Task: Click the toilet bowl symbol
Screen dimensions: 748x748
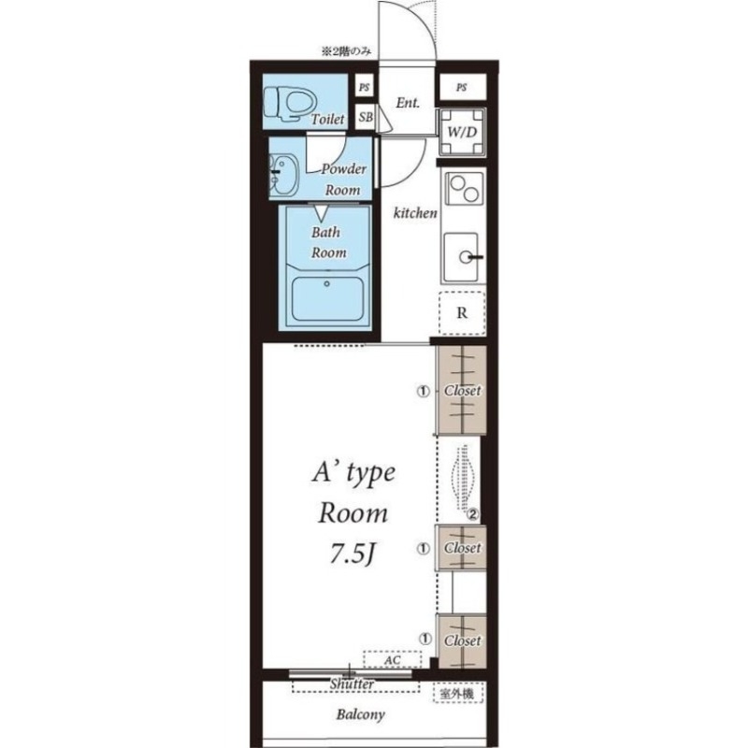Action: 290,103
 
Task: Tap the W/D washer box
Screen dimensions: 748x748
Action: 462,132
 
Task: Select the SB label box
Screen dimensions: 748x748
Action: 366,117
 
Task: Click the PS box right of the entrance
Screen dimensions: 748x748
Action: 462,87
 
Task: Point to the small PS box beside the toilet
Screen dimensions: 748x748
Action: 365,87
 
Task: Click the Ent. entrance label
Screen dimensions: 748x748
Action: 408,103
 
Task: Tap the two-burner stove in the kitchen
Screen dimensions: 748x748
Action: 464,188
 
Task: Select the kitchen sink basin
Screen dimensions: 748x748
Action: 461,258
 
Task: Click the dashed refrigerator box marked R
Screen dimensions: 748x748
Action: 462,313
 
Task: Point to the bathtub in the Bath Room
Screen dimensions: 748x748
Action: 328,298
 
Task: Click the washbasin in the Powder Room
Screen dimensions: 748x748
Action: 283,175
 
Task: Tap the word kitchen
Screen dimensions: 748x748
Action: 415,213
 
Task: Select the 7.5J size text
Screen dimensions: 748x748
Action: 352,554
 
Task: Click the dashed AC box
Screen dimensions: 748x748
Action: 392,660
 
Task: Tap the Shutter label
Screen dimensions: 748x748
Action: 352,683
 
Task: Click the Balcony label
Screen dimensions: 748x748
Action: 360,714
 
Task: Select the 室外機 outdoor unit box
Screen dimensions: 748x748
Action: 458,693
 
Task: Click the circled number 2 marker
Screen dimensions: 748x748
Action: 473,514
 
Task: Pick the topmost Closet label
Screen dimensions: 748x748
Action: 462,391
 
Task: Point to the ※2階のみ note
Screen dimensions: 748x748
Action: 346,51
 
